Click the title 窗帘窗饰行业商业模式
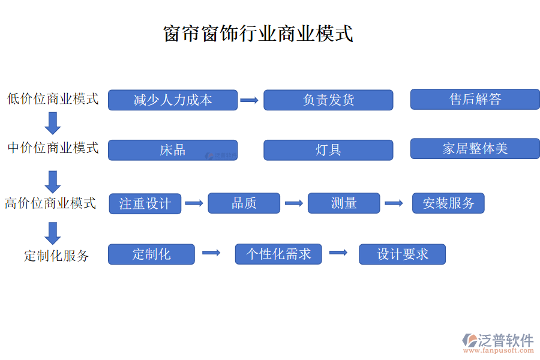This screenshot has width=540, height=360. [x=258, y=33]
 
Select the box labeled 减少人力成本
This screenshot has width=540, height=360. [x=173, y=100]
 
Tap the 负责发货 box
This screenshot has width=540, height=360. [x=328, y=100]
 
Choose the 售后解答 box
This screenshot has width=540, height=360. [x=475, y=100]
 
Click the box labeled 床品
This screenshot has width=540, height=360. [x=173, y=150]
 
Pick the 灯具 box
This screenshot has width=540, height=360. [x=328, y=150]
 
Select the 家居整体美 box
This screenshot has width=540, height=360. [x=475, y=149]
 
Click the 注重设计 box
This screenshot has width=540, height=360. [x=145, y=204]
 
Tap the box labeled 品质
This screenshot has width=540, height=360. [x=244, y=203]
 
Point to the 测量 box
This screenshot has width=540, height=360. [x=344, y=203]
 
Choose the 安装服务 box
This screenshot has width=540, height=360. [x=448, y=203]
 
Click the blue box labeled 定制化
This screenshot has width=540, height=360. [x=151, y=254]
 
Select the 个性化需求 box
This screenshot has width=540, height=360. [x=278, y=254]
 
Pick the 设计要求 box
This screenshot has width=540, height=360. [x=402, y=254]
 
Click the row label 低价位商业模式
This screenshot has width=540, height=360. [x=53, y=99]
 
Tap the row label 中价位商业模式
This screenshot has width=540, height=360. [x=53, y=148]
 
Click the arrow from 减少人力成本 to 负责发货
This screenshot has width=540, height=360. [x=250, y=100]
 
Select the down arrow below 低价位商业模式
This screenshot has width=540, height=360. [x=53, y=123]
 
